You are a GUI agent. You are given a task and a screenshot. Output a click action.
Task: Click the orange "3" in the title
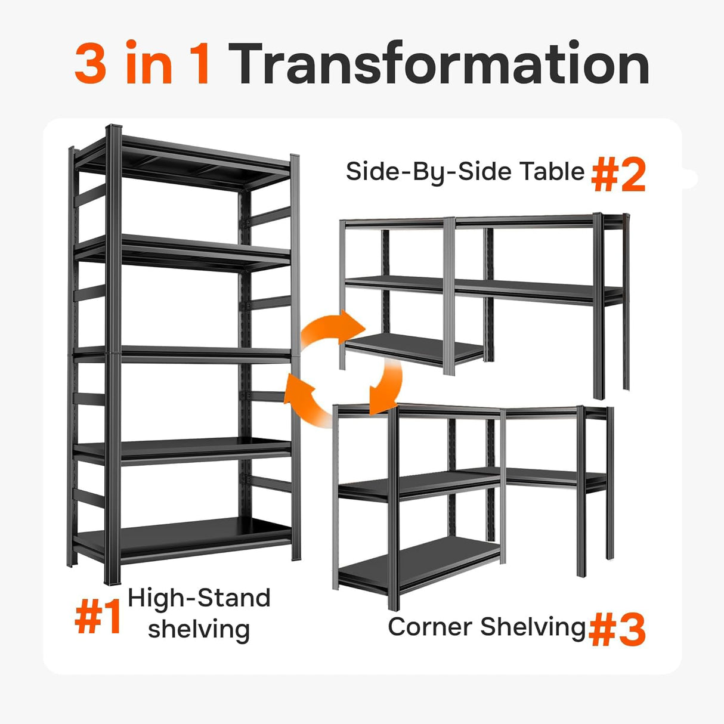[90, 64]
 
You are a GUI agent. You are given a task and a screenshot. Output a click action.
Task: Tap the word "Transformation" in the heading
[440, 64]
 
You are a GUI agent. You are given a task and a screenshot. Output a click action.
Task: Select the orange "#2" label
[618, 176]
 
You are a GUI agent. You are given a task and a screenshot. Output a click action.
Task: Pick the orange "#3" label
[617, 630]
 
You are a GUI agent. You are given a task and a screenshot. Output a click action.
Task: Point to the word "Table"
[552, 172]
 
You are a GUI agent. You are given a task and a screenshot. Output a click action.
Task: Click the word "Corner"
[430, 627]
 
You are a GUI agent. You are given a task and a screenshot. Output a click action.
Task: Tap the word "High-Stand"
[199, 598]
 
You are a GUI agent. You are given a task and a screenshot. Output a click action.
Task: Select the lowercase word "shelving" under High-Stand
[199, 629]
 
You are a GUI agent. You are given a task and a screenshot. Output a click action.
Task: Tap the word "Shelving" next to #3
[533, 627]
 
